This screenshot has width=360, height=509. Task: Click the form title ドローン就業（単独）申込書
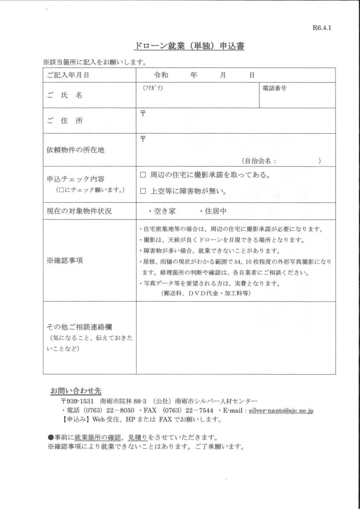tap(189, 47)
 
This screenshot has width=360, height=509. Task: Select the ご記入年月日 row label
tap(68, 76)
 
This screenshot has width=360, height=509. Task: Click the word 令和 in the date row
tap(163, 76)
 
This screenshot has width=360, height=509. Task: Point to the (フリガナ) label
tap(153, 88)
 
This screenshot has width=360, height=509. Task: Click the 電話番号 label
tap(274, 88)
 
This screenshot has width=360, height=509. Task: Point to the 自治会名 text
tap(259, 161)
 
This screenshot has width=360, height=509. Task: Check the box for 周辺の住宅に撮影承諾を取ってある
tap(143, 175)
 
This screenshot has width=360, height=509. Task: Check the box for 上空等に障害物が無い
tap(143, 191)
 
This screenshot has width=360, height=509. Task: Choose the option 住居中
tap(213, 211)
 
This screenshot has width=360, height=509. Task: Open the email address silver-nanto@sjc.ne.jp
tap(281, 411)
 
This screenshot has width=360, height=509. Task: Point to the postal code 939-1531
tap(80, 401)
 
